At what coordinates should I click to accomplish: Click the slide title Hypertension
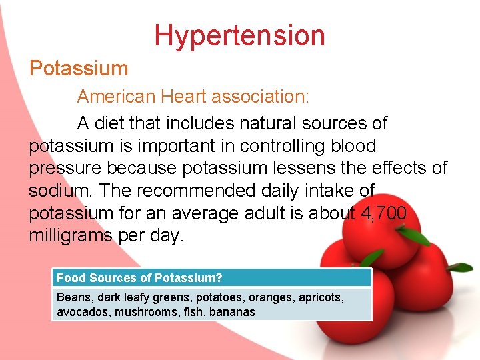[x=239, y=35]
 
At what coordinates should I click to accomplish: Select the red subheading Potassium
[x=79, y=68]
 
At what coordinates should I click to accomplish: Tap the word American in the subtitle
[x=116, y=97]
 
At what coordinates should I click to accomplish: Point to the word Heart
[x=184, y=97]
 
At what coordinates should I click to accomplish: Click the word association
[x=260, y=97]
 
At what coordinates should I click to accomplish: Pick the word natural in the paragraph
[x=259, y=123]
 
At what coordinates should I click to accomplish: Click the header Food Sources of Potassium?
[x=139, y=278]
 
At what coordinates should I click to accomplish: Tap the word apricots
[x=319, y=297]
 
